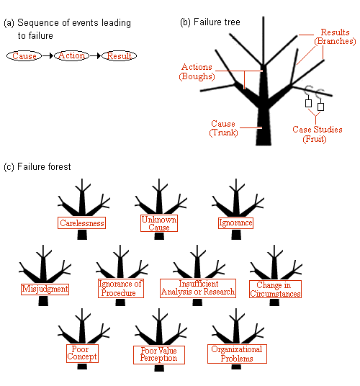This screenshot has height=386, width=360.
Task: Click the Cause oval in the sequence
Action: point(24,56)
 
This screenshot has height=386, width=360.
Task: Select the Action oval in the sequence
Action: point(71,55)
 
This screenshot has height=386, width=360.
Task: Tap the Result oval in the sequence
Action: point(119,56)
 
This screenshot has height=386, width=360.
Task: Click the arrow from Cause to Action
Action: point(48,56)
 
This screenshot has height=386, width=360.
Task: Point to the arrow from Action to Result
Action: point(96,56)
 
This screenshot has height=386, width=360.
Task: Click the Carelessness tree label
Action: point(81,223)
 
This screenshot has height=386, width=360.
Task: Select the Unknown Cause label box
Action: point(159,223)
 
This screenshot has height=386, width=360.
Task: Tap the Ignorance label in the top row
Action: point(235,223)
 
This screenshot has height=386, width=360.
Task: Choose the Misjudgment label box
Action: point(45,289)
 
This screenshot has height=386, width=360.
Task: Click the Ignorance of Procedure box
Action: point(121,288)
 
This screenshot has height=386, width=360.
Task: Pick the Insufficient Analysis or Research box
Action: point(198,288)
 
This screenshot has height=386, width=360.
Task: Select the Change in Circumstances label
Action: point(275,289)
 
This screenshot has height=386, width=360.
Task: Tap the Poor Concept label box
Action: point(82,354)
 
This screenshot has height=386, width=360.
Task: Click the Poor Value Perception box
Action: point(159,355)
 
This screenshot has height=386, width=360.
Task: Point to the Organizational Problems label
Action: point(237,354)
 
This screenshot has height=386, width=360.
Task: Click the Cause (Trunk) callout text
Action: point(223,128)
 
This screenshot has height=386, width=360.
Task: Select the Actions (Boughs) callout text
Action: point(197,71)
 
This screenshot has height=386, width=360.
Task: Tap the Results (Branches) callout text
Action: point(335,37)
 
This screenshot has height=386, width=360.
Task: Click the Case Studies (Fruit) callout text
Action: point(317,134)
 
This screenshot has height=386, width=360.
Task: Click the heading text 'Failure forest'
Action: point(37,167)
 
